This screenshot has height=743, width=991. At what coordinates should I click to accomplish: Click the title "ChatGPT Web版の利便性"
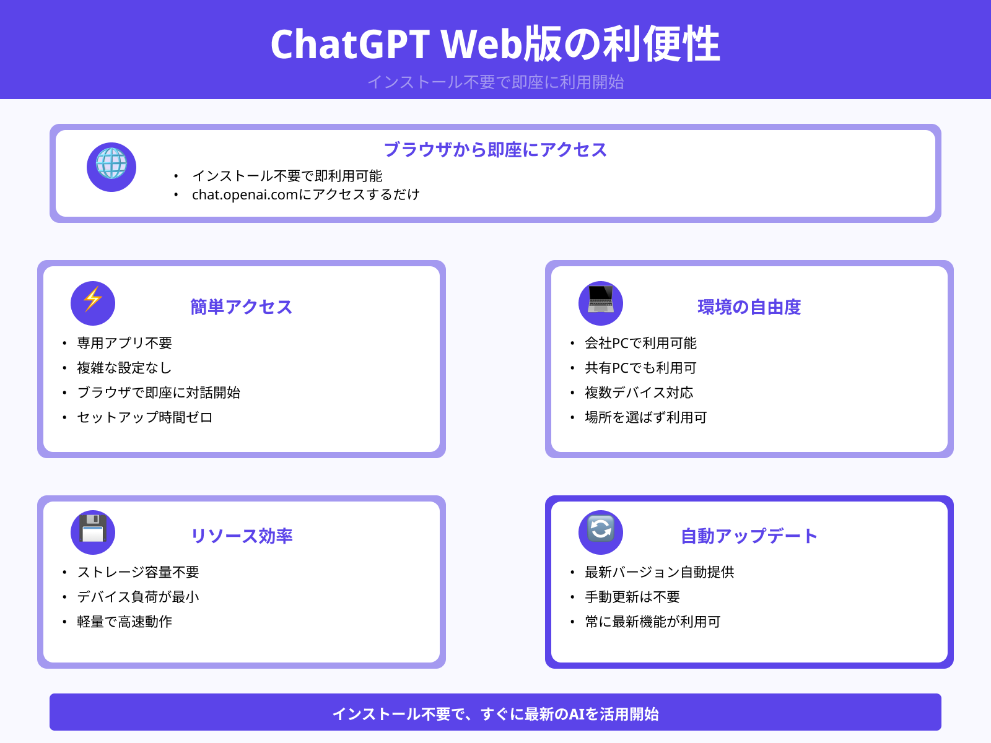pos(495,45)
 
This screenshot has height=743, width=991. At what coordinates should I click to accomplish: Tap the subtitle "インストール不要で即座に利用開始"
pos(495,82)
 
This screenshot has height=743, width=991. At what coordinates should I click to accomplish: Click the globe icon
pos(111,167)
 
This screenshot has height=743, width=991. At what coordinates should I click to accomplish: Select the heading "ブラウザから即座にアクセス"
pos(495,150)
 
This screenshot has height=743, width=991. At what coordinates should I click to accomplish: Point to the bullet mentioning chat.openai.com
pos(305,194)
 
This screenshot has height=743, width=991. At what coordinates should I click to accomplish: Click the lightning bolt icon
pos(93,303)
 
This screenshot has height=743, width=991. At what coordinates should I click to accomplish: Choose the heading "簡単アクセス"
pos(241,307)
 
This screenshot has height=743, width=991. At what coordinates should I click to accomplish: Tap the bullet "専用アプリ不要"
pos(124,343)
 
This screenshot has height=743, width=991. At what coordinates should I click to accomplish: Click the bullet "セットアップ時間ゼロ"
pos(145,417)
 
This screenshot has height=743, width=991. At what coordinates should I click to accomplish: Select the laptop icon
pos(601,303)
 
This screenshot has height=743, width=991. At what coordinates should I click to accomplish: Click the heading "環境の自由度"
pos(749,307)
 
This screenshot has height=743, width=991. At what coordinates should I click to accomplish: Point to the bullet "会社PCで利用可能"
pos(640,343)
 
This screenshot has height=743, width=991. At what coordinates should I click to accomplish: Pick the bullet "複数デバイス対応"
pos(639,393)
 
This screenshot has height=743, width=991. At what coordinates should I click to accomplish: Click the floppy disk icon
pos(93,532)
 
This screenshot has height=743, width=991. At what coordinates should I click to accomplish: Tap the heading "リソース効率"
pos(241,536)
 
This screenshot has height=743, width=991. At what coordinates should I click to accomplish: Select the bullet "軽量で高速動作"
pos(124,622)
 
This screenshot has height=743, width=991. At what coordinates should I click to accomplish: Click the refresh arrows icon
pos(601,532)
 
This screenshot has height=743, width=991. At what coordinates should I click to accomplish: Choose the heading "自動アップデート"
pos(749,536)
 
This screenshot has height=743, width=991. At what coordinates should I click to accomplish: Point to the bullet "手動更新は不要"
pos(632,597)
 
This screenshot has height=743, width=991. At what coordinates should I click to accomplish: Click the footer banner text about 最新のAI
pos(495,714)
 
